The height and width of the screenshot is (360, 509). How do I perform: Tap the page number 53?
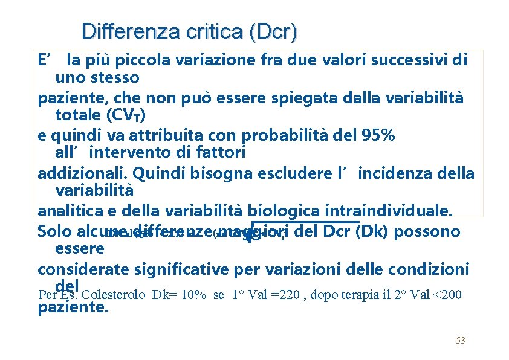[461, 341]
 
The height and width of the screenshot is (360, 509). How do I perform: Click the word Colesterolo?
[113, 295]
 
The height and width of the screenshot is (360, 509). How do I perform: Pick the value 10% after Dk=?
[194, 295]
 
